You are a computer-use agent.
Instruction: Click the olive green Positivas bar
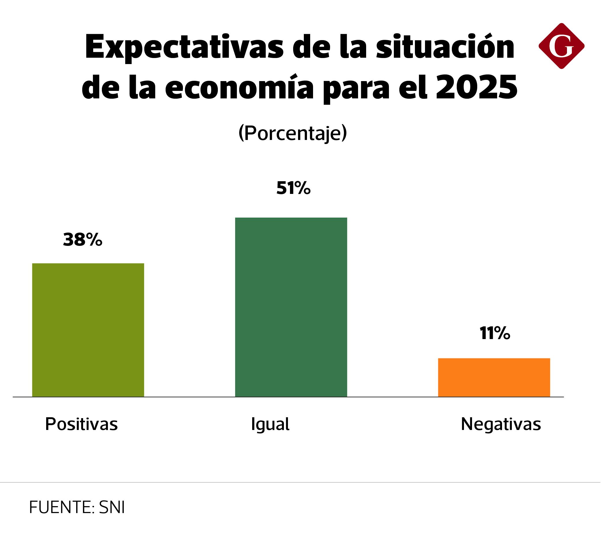(88, 330)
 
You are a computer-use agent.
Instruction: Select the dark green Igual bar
(291, 307)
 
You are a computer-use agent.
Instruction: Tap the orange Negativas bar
(494, 377)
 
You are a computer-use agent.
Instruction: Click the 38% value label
(83, 240)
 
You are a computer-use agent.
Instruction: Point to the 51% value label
(293, 188)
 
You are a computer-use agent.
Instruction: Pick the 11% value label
(495, 333)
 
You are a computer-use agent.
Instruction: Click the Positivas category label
(81, 424)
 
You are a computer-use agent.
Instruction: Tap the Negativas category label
(501, 424)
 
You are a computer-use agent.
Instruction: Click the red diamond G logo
(561, 46)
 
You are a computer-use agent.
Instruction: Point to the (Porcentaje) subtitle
(293, 133)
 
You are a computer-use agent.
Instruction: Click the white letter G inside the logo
(561, 46)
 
